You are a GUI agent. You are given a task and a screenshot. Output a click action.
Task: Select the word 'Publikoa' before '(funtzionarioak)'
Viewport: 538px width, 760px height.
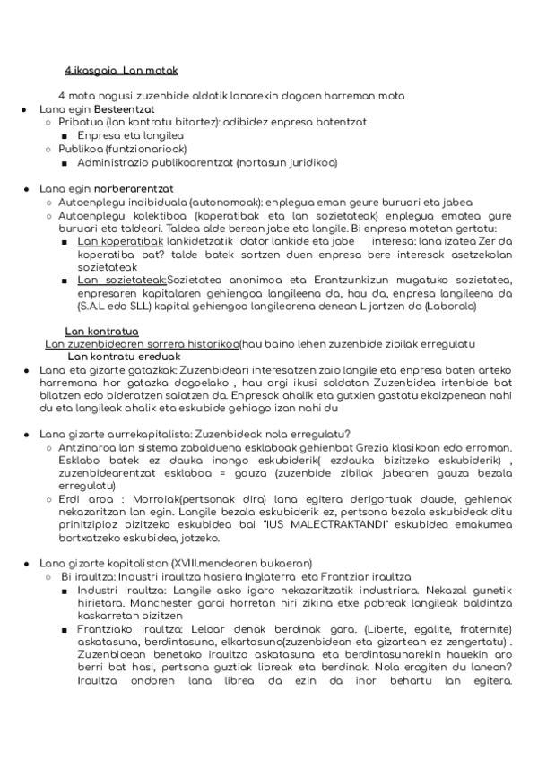(79, 149)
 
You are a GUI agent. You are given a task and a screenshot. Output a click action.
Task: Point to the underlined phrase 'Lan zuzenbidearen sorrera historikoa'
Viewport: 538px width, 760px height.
(142, 345)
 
